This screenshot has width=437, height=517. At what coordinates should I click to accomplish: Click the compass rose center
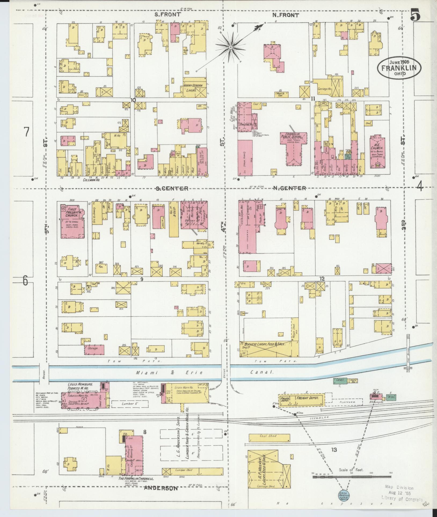tap(230, 47)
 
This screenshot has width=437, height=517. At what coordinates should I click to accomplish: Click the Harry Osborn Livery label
tap(194, 88)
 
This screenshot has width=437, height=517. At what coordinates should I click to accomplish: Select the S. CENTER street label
tap(172, 189)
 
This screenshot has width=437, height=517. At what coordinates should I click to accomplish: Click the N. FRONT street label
tap(286, 15)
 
